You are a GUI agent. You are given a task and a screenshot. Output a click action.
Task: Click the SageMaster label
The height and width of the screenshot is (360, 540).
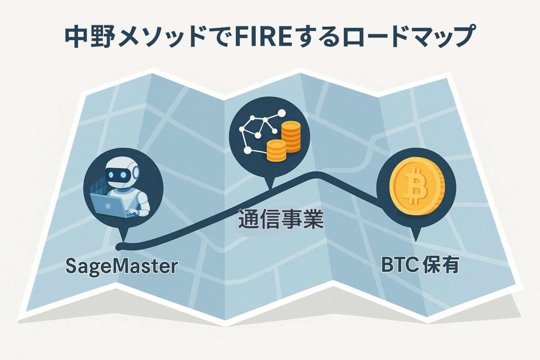click(122, 266)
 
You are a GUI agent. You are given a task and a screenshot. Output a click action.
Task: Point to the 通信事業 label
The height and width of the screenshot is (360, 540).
click(281, 219)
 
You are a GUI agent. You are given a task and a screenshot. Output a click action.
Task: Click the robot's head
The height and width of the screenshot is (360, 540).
click(121, 173)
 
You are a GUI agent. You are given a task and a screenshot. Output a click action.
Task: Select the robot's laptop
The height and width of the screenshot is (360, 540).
click(109, 206)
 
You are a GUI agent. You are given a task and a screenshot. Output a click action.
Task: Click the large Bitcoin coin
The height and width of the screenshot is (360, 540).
click(417, 188)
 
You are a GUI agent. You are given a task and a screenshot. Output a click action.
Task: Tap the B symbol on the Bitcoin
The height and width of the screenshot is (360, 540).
click(416, 187)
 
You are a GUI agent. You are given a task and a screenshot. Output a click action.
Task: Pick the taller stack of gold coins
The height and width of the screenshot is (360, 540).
click(291, 137)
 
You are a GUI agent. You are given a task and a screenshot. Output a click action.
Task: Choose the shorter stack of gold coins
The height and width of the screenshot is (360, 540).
click(276, 150)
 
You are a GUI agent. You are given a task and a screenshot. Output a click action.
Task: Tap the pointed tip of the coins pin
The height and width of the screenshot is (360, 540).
click(271, 189)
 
